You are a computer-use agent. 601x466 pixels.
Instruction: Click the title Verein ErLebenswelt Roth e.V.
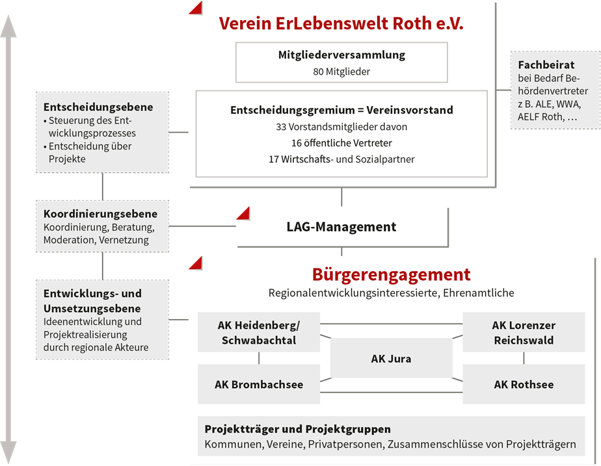coord(341,23)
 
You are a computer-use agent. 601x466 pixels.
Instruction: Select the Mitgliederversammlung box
coord(341,62)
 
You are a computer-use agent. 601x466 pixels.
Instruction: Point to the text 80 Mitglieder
coord(341,71)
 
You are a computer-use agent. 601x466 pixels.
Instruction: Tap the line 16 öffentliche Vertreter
coord(341,143)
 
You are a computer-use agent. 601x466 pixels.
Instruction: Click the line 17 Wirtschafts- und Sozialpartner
coord(341,159)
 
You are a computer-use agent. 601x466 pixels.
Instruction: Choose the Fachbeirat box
coord(555,90)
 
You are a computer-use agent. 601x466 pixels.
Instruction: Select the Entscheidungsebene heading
coord(98,107)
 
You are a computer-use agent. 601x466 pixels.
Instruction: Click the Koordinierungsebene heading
coord(100,214)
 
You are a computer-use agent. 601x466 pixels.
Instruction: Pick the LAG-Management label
coord(341,227)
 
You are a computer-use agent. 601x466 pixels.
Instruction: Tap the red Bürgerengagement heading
coord(391,274)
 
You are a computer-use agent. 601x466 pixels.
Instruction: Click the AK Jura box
coord(391,358)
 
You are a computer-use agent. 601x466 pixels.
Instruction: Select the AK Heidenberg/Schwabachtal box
coord(259,332)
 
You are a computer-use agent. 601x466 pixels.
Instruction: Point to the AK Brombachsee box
coord(259,384)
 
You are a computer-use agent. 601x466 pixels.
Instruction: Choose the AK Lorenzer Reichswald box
coord(524,332)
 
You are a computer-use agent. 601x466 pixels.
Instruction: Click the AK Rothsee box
coord(524,384)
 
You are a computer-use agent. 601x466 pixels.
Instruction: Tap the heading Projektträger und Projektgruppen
coord(298,429)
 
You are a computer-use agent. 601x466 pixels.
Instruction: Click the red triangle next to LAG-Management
coord(244,213)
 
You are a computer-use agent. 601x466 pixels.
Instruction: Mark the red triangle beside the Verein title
coord(196,8)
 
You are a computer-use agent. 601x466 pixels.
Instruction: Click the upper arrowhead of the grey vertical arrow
coord(8,26)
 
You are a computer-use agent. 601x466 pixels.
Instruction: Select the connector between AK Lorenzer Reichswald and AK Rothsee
coord(524,358)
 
